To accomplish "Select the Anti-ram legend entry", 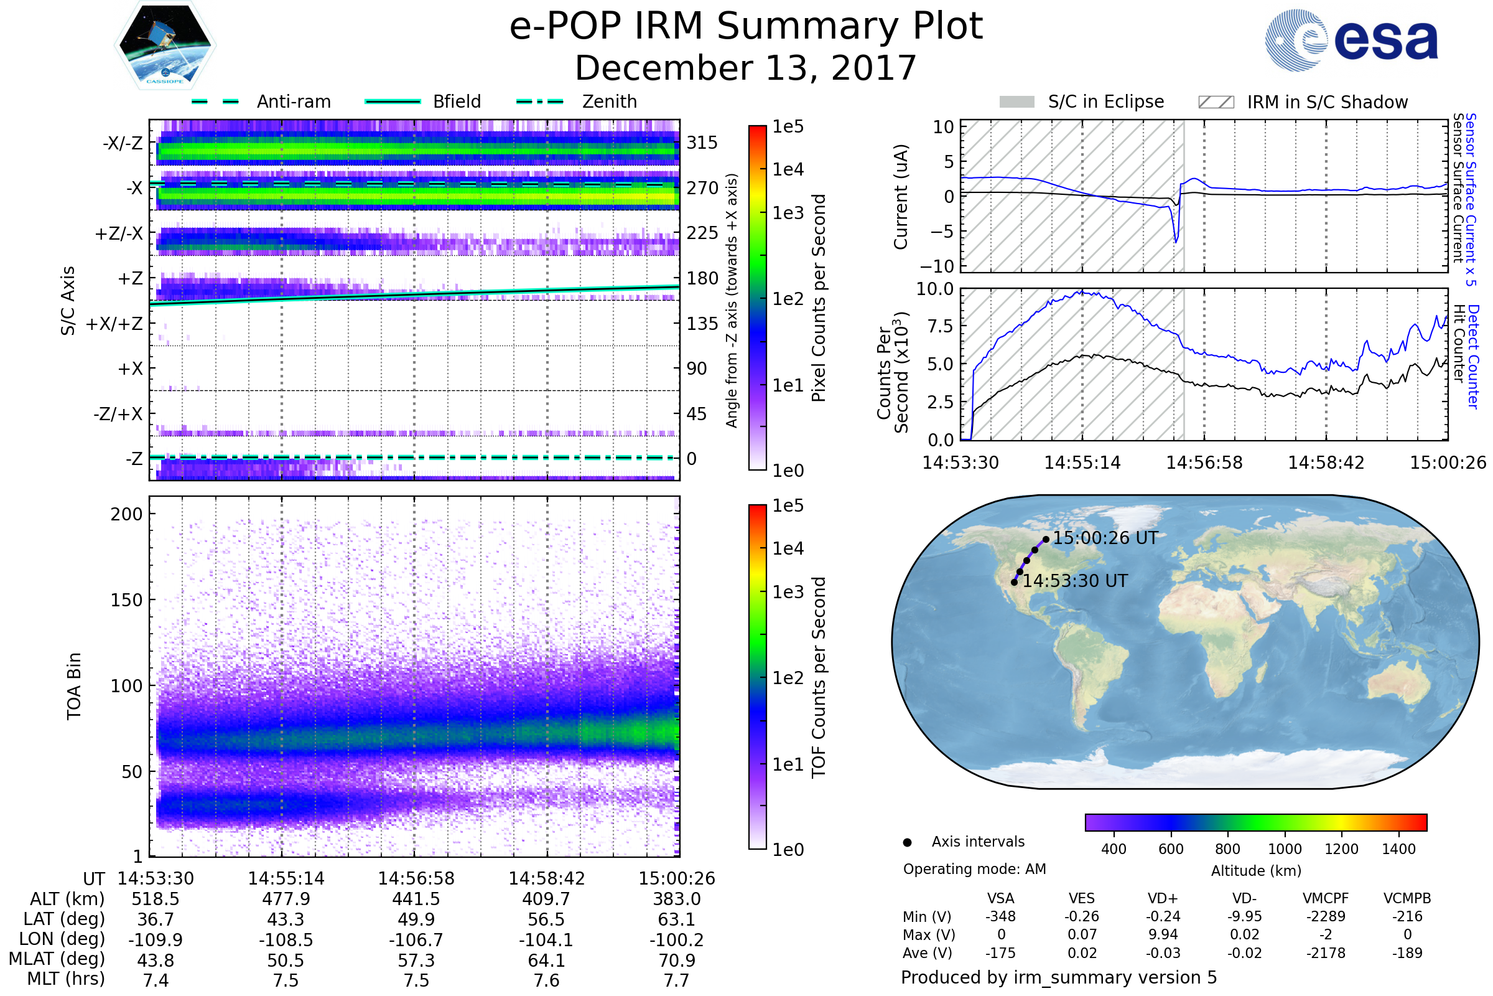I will pyautogui.click(x=293, y=101).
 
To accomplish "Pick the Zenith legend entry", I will pyautogui.click(x=609, y=101).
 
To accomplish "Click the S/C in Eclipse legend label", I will pyautogui.click(x=1105, y=101).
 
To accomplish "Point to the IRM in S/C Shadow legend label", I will pyautogui.click(x=1327, y=102).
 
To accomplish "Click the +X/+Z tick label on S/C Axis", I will pyautogui.click(x=114, y=324).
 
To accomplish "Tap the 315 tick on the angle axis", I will pyautogui.click(x=702, y=143).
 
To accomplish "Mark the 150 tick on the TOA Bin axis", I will pyautogui.click(x=126, y=600).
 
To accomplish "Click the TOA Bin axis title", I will pyautogui.click(x=74, y=686).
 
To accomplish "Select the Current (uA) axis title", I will pyautogui.click(x=901, y=197).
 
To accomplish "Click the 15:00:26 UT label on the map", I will pyautogui.click(x=1105, y=538).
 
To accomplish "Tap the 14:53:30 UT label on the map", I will pyautogui.click(x=1075, y=581).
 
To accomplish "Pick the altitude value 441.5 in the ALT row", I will pyautogui.click(x=416, y=899).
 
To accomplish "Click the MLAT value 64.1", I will pyautogui.click(x=547, y=961).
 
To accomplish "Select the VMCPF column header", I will pyautogui.click(x=1326, y=898).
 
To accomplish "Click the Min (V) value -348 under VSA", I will pyautogui.click(x=1000, y=916).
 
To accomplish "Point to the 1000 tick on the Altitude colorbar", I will pyautogui.click(x=1285, y=849).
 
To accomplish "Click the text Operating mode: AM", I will pyautogui.click(x=974, y=869).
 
